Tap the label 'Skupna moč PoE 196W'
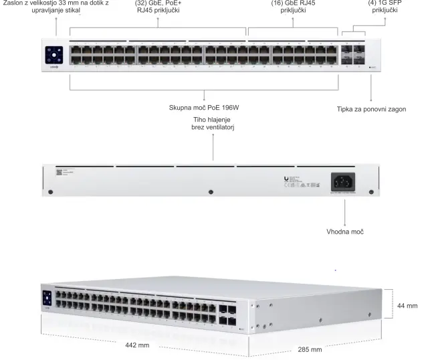[x=205, y=108]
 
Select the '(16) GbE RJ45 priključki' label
[x=294, y=7]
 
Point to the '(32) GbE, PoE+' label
[x=158, y=3]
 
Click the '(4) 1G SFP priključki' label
[x=384, y=7]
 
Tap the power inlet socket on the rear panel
[x=344, y=181]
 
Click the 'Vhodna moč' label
[x=344, y=231]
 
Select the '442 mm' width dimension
[x=137, y=345]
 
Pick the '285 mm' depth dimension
[x=310, y=349]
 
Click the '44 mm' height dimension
[x=407, y=305]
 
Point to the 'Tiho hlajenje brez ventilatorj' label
[x=213, y=123]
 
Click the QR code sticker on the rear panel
[x=58, y=173]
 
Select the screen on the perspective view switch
[x=47, y=298]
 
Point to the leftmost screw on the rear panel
[x=51, y=193]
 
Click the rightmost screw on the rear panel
[x=371, y=193]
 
